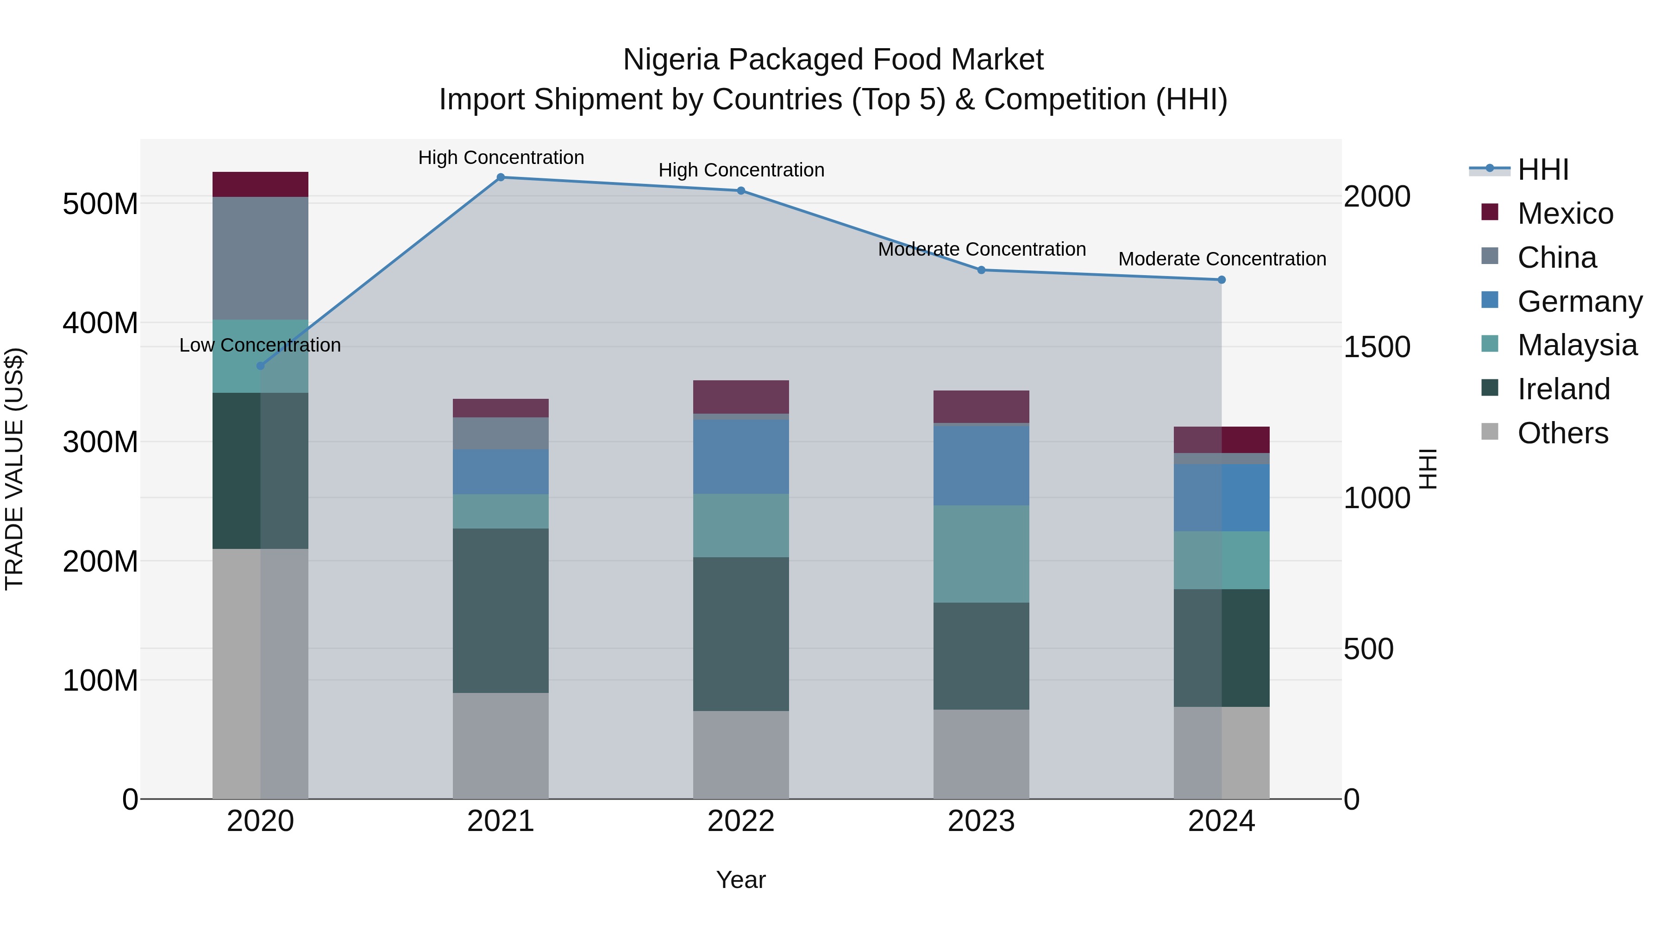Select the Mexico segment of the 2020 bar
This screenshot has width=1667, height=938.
[260, 184]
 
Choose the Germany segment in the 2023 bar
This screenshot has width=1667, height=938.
[981, 465]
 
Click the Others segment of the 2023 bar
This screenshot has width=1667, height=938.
[981, 754]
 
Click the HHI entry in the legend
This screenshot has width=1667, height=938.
[1543, 170]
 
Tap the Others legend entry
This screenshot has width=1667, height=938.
[1562, 433]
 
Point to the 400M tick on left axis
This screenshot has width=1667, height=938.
[100, 322]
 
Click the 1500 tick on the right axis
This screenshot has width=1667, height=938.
[1377, 347]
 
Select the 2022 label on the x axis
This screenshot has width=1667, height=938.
[741, 821]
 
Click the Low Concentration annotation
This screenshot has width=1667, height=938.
[260, 345]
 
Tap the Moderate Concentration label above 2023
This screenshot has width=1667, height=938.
[981, 249]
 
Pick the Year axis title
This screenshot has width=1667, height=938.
[741, 880]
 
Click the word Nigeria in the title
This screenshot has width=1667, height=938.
[671, 60]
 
